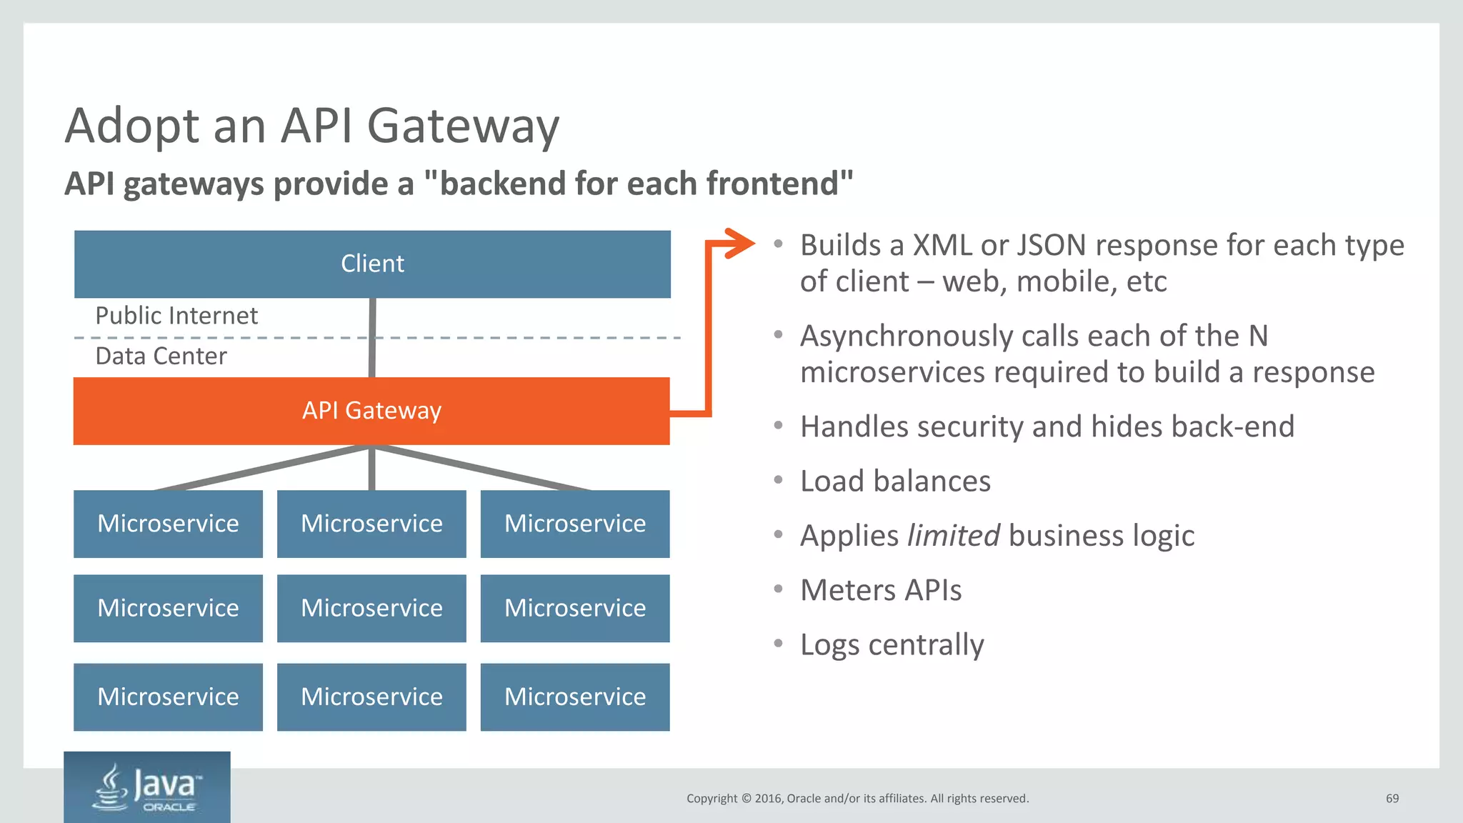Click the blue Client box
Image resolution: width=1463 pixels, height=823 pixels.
[x=372, y=264]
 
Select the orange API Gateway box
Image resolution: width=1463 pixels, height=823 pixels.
[x=371, y=411]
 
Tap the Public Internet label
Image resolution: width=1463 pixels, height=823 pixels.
[x=176, y=316]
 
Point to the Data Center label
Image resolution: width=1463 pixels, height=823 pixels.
[x=161, y=356]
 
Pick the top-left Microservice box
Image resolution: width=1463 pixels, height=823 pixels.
[x=168, y=524]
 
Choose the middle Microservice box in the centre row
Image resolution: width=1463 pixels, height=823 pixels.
[x=371, y=608]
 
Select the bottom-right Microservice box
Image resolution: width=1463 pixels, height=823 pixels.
[x=575, y=697]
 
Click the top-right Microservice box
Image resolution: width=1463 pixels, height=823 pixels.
[x=575, y=524]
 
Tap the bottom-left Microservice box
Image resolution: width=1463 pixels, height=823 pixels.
[x=168, y=697]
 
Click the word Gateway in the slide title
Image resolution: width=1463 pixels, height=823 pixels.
[x=463, y=126]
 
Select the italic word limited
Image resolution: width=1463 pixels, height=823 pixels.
[x=954, y=536]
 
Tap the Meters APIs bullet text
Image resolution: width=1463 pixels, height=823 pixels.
[x=881, y=591]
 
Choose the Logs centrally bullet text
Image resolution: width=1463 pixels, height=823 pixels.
[x=892, y=645]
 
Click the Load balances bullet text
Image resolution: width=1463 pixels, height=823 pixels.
[x=895, y=482]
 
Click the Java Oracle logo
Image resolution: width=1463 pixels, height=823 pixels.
[x=147, y=787]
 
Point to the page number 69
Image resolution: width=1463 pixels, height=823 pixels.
[x=1392, y=799]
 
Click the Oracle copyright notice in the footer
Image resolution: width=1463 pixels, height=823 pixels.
[x=857, y=799]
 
